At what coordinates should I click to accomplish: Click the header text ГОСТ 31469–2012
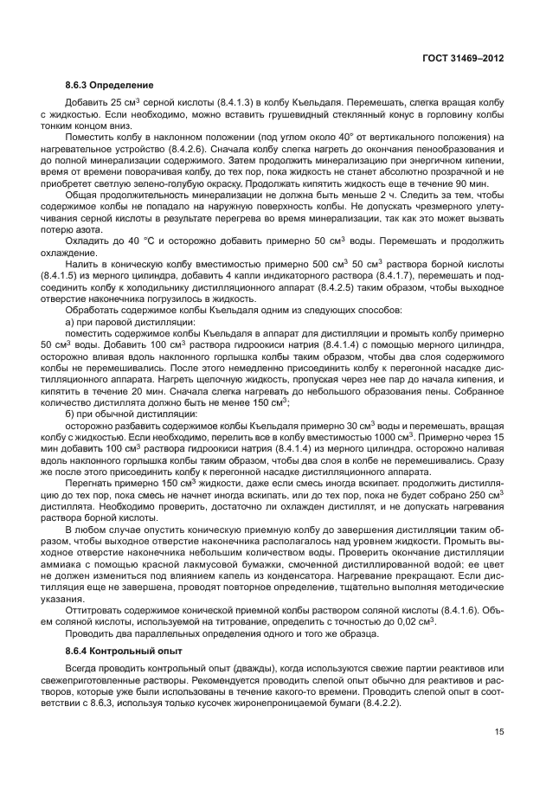pyautogui.click(x=463, y=57)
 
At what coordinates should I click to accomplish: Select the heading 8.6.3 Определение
pyautogui.click(x=108, y=87)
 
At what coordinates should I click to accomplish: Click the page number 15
pyautogui.click(x=498, y=733)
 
